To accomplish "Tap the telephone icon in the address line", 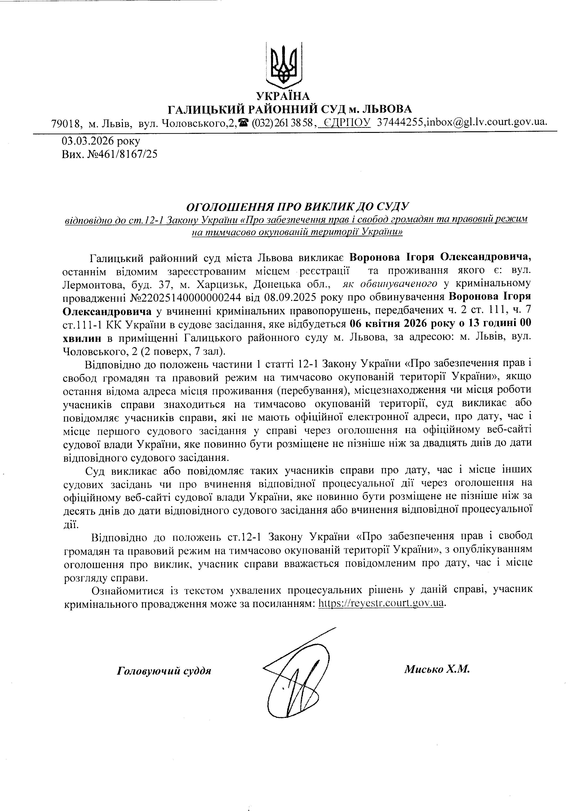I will pos(243,122).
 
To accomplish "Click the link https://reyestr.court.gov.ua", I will pos(381,603).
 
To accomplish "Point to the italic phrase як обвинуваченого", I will pos(390,284).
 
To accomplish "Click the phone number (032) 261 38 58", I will pos(282,122).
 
